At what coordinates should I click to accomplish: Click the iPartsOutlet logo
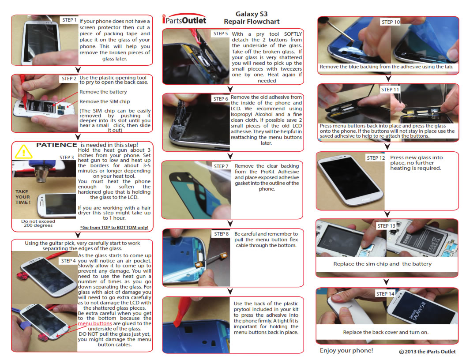(184, 19)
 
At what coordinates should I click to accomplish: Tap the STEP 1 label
(70, 20)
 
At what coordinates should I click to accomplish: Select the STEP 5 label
(221, 34)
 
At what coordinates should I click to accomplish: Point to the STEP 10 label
(391, 22)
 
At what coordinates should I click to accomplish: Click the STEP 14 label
(385, 294)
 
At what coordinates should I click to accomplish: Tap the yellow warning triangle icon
(23, 151)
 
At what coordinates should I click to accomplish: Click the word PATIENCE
(56, 145)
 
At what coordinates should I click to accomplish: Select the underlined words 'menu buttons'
(95, 323)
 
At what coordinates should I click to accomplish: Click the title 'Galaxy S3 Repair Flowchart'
(252, 18)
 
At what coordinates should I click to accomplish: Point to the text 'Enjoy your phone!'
(346, 350)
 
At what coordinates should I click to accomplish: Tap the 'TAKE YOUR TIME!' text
(23, 197)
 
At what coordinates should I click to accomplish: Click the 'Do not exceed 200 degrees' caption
(38, 223)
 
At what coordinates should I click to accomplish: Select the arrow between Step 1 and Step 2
(78, 70)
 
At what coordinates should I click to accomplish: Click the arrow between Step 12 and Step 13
(387, 214)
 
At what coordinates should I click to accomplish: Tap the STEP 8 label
(222, 234)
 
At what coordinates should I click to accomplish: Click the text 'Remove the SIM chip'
(105, 101)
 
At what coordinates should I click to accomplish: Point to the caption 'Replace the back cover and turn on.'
(386, 332)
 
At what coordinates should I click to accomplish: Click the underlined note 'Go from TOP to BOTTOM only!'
(114, 228)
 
